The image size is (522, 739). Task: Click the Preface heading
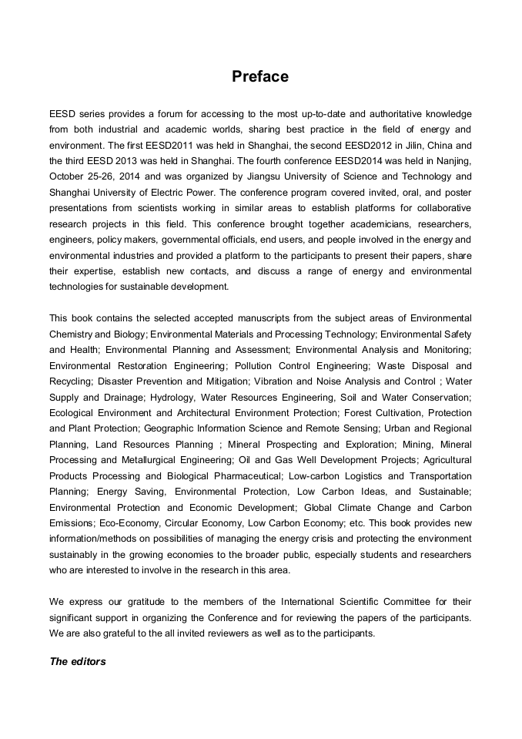point(260,76)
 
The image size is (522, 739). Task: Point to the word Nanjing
point(451,161)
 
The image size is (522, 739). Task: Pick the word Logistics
point(370,476)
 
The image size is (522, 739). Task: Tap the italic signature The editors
point(78,661)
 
